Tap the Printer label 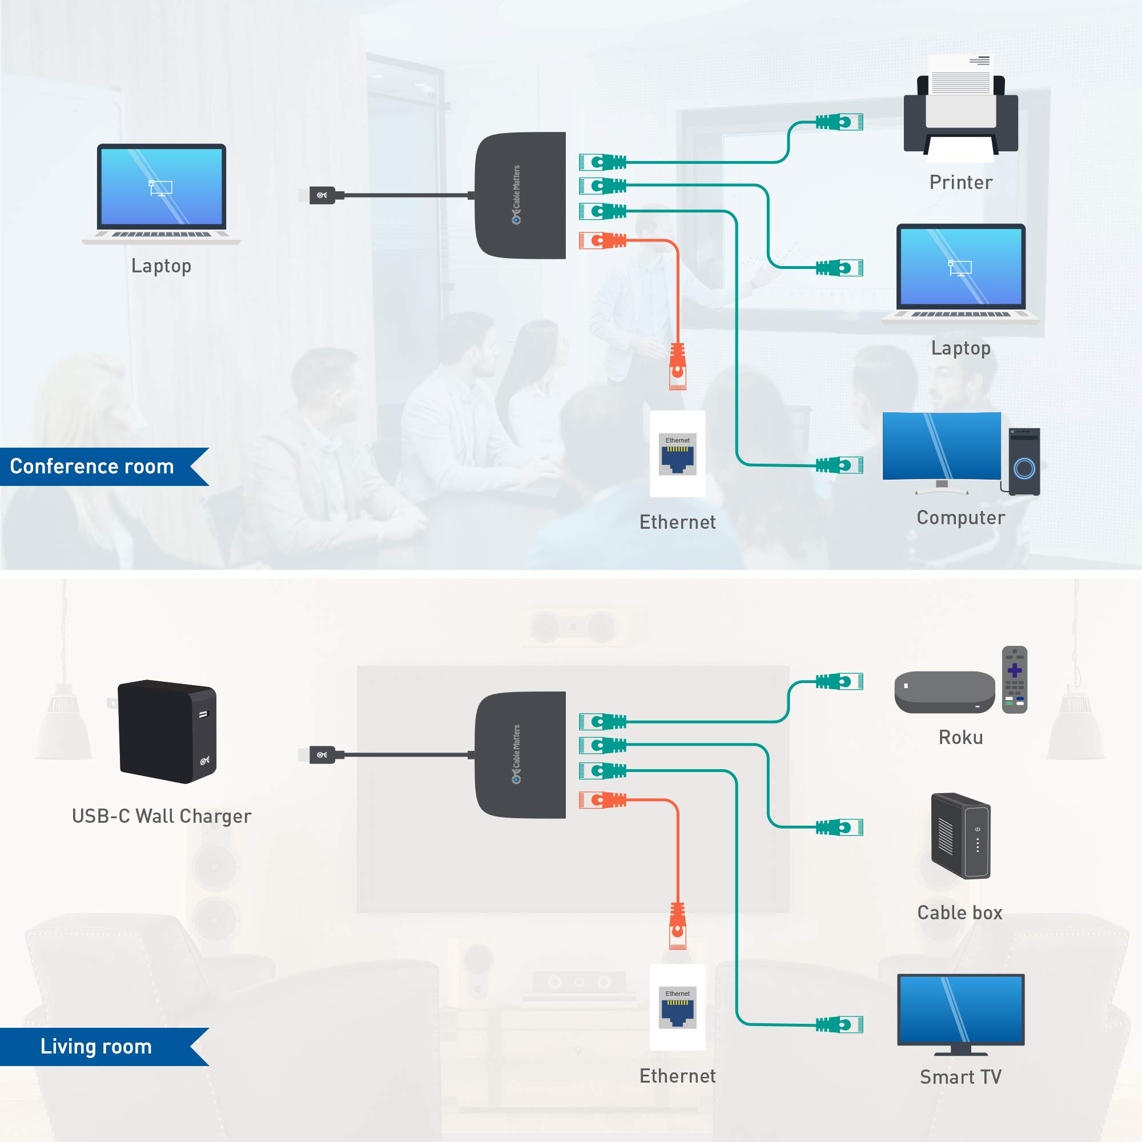(960, 182)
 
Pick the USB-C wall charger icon (167, 731)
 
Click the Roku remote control (1014, 679)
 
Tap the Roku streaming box (944, 691)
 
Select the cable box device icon (960, 836)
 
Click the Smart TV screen (960, 1010)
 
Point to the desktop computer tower (1024, 461)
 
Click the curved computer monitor (941, 447)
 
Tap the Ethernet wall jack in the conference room (677, 454)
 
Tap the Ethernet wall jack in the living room (677, 1007)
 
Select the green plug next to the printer (839, 122)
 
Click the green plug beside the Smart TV (839, 1024)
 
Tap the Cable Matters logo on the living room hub (516, 754)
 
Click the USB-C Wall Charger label (162, 817)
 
